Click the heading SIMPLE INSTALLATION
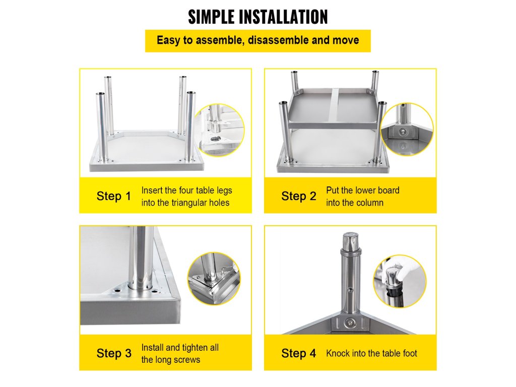pos(257,17)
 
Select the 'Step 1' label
pos(114,196)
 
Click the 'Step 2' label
pos(298,196)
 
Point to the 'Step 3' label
pos(114,353)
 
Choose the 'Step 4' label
pos(298,353)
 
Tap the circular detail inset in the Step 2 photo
pos(407,129)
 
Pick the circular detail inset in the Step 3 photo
pos(214,278)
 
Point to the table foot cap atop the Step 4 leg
pos(351,242)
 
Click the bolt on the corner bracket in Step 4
pos(349,323)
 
